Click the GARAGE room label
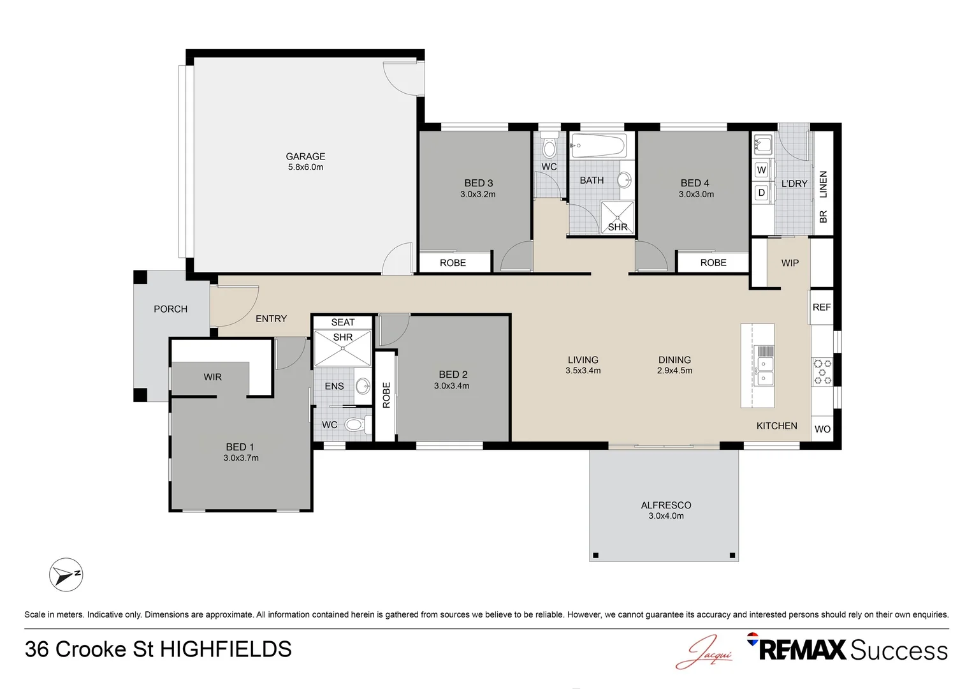[x=305, y=156]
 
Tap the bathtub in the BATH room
[x=599, y=145]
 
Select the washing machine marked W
[x=761, y=170]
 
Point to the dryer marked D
[x=761, y=193]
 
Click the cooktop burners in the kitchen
[x=822, y=371]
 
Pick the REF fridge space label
[x=822, y=307]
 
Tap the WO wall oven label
[x=822, y=429]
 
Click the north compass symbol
[x=66, y=575]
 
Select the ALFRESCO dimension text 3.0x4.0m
[x=665, y=515]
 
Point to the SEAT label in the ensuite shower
[x=343, y=322]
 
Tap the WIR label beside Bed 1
[x=213, y=377]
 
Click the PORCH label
[x=170, y=309]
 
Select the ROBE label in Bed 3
[x=453, y=263]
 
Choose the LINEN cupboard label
[x=823, y=184]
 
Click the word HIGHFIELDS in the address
[x=226, y=649]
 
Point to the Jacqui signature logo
[x=704, y=652]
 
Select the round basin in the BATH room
[x=625, y=179]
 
